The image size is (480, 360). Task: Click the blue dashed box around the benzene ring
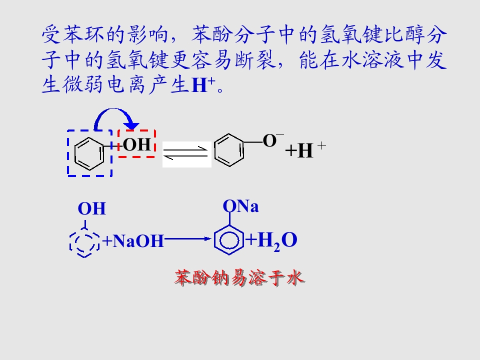click(x=68, y=153)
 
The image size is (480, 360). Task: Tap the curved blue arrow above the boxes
click(x=114, y=109)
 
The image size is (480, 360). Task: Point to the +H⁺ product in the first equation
click(x=305, y=149)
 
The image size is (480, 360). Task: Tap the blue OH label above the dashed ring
click(x=92, y=209)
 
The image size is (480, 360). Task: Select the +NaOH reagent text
click(x=133, y=240)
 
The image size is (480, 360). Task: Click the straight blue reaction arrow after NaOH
click(x=188, y=239)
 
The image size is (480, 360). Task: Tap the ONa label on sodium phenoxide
click(x=240, y=206)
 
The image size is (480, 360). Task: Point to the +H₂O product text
click(x=271, y=240)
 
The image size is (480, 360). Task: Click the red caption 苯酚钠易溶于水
click(x=239, y=277)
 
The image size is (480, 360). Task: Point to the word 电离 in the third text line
click(x=126, y=84)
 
